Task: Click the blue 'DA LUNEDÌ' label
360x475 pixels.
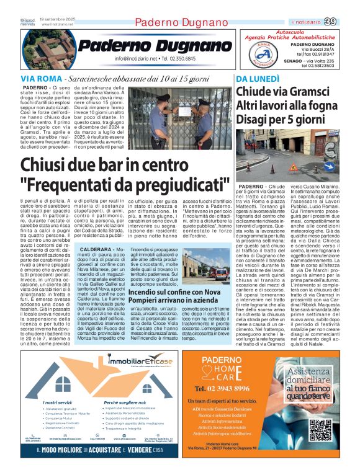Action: pyautogui.click(x=257, y=79)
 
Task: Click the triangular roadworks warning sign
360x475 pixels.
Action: pyautogui.click(x=275, y=167)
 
